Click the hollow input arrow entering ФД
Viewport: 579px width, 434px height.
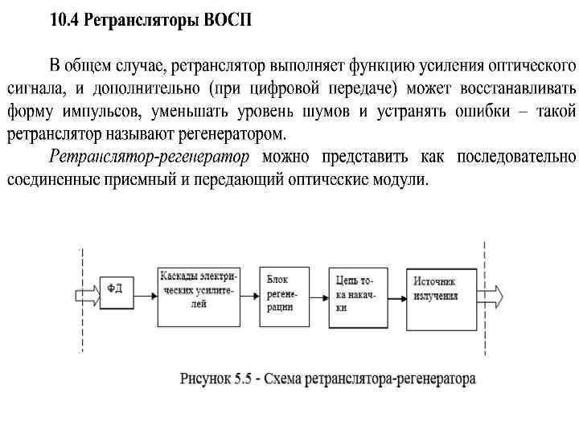(x=88, y=289)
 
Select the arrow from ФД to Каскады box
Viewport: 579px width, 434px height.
(x=145, y=290)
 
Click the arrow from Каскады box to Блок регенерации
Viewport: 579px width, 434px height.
(x=250, y=292)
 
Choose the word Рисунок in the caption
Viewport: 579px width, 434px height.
(x=207, y=378)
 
